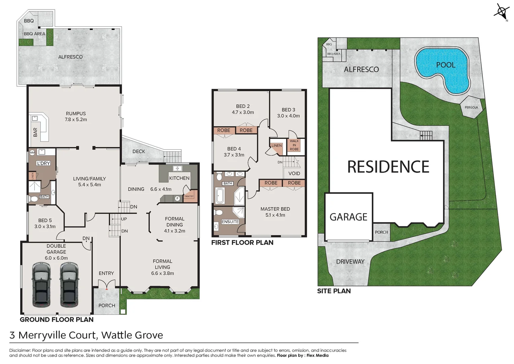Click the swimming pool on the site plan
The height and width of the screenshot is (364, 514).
coord(442,69)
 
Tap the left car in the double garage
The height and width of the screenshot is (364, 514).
coord(42,285)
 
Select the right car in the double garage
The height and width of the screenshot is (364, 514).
coord(70,285)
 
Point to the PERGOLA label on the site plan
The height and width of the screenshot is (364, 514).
coord(471,108)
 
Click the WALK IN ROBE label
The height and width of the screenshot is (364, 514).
coord(294,145)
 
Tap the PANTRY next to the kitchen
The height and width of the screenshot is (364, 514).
coord(189,196)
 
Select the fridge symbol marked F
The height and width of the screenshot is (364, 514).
coord(177,199)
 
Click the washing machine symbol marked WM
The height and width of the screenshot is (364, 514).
coord(32,153)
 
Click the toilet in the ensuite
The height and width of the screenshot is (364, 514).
coord(219,213)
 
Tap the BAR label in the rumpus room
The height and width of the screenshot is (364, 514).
coord(35,132)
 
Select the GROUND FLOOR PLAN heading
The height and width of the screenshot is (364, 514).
coord(57,320)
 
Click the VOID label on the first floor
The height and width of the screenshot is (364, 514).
coord(294,173)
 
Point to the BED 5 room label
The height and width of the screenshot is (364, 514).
coord(45,220)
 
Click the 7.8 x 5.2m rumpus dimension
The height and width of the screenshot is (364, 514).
coord(76,120)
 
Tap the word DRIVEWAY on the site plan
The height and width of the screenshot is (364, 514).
coord(350,262)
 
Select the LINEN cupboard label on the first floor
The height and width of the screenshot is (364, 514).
coord(277,146)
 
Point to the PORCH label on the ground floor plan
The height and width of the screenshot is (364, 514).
coord(107,305)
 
